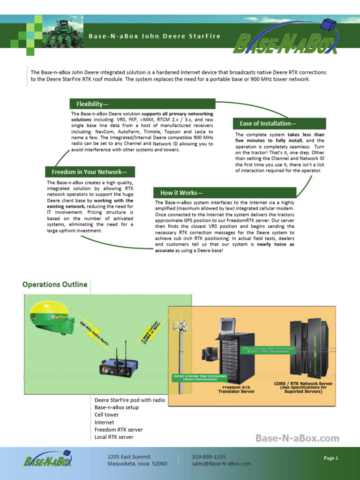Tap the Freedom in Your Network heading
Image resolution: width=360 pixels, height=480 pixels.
[x=90, y=172]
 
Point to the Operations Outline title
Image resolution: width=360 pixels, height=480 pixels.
[x=55, y=285]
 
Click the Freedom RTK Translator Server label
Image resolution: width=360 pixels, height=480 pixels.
[x=236, y=390]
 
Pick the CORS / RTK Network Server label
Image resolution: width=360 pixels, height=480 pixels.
[x=303, y=387]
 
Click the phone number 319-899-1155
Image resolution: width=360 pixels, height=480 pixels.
[x=209, y=457]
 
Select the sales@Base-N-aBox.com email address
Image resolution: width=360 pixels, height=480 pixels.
[x=221, y=464]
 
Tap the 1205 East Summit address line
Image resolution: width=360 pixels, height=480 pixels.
[x=129, y=457]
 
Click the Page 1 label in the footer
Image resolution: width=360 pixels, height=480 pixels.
[x=331, y=458]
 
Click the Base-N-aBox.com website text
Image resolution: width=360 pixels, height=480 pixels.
[x=297, y=438]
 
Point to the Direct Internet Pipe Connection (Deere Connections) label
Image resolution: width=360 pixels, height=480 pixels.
[x=200, y=378]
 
